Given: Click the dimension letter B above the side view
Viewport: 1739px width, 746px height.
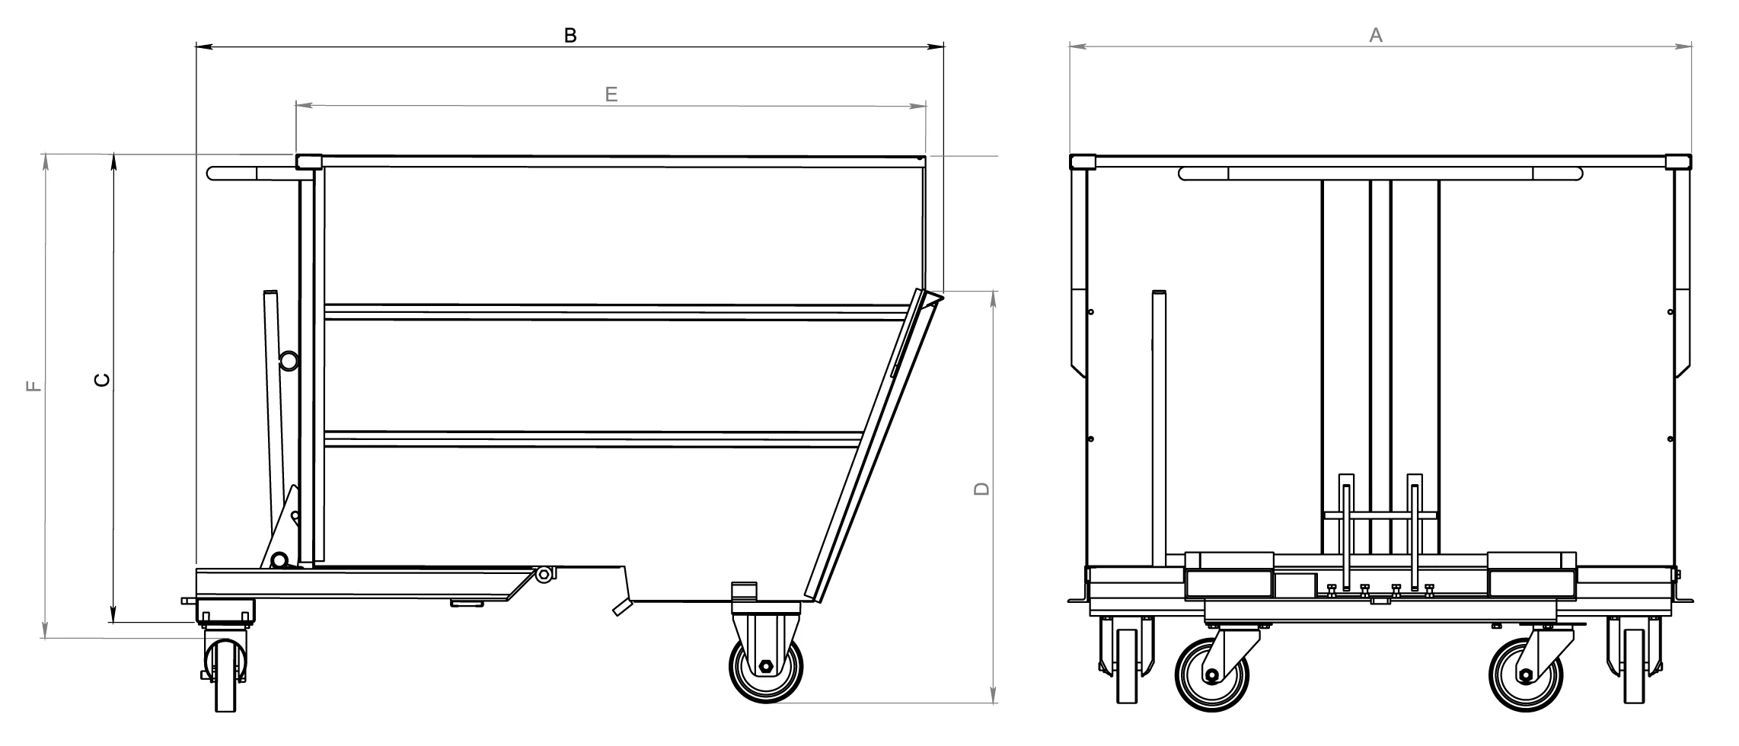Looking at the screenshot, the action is point(570,35).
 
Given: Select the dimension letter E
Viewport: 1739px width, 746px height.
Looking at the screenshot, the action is point(611,94).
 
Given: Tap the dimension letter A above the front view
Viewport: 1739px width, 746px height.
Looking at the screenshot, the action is point(1376,35).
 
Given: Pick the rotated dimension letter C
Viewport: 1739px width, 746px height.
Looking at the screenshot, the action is point(102,380).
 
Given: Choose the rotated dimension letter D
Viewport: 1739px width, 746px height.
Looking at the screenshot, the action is point(982,489).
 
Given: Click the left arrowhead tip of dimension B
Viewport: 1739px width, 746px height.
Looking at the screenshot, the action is point(196,47).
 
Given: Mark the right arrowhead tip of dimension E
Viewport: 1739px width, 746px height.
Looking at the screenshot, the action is point(926,106).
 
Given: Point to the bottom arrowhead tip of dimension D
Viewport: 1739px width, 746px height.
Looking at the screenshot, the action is point(993,703).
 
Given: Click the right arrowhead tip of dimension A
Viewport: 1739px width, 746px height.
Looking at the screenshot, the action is point(1692,46).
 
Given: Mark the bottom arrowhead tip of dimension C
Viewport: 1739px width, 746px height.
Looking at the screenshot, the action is point(113,622).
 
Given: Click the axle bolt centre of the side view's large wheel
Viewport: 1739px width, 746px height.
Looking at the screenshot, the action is point(766,667).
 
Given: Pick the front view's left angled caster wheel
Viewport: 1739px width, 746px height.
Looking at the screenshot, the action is point(1212,675).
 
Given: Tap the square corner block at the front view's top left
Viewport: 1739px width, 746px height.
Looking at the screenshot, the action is point(1082,161).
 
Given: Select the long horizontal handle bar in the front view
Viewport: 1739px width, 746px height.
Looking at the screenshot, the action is point(1380,174).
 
